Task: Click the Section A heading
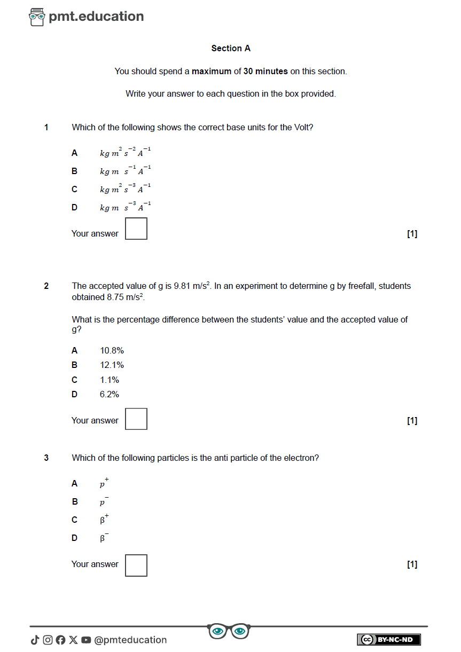231,49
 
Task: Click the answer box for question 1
136,229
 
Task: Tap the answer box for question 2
136,419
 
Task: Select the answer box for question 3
136,565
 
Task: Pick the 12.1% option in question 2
112,365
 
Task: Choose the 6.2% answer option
110,395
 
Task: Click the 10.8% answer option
112,351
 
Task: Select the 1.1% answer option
110,380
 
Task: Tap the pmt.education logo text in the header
96,17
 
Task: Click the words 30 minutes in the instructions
265,72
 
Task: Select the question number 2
46,286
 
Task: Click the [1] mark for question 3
412,564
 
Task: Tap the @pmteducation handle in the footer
130,640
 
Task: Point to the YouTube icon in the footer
86,640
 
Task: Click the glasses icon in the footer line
229,631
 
